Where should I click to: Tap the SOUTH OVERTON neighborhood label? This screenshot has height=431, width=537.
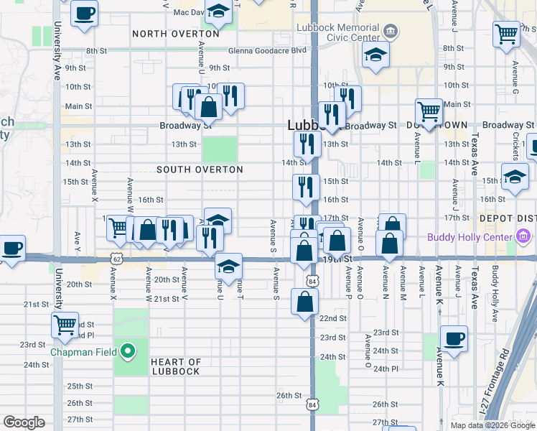(x=200, y=170)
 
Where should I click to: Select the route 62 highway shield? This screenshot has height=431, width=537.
(x=116, y=258)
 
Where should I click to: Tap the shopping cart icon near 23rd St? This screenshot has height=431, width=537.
(x=65, y=324)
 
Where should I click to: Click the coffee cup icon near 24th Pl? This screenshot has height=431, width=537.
(x=453, y=338)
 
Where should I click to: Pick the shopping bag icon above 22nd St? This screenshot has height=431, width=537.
(x=304, y=301)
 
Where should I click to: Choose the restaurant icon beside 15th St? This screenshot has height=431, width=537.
(x=306, y=187)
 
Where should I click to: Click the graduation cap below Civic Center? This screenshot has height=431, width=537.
(x=375, y=55)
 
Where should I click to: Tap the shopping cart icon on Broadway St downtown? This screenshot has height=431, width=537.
(x=429, y=112)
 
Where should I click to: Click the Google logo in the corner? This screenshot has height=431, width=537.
(x=24, y=422)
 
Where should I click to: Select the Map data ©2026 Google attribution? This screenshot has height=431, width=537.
(x=492, y=425)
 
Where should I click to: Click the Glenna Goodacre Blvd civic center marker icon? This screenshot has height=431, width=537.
(x=390, y=31)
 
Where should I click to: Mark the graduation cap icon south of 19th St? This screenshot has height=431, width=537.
(x=228, y=267)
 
